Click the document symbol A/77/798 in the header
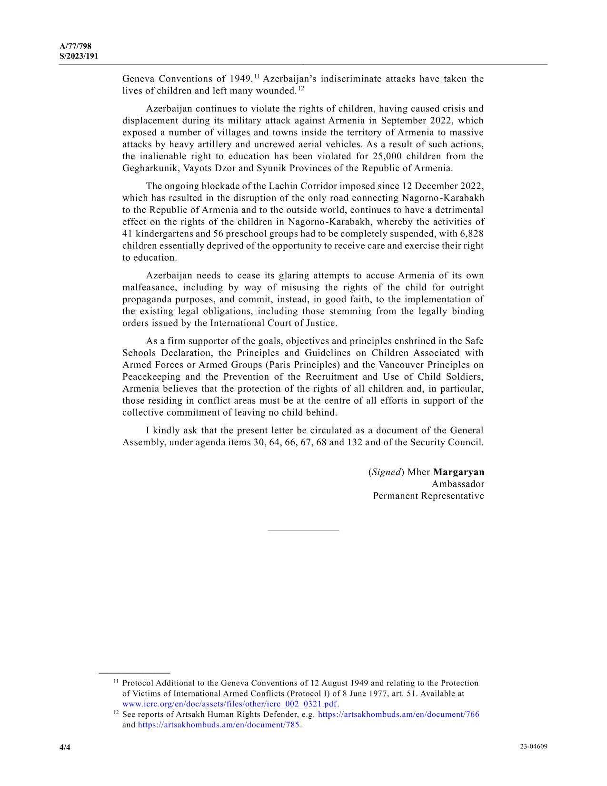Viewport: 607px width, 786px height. point(75,46)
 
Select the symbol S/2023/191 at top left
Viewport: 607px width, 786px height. point(79,56)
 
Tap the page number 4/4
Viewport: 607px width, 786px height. point(65,747)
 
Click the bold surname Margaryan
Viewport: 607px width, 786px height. point(458,472)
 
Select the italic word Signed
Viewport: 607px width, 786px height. point(386,472)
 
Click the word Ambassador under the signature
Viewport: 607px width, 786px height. point(458,484)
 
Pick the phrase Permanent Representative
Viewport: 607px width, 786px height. point(428,496)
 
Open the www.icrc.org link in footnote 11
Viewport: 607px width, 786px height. point(229,704)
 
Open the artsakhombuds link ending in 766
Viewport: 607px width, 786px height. point(398,714)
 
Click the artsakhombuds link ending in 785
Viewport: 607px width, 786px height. point(219,725)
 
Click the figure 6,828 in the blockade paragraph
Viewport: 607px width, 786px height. point(472,234)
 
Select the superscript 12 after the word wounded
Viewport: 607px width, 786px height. point(301,88)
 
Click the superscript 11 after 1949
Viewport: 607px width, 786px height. point(257,76)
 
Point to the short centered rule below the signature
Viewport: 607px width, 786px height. point(303,531)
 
